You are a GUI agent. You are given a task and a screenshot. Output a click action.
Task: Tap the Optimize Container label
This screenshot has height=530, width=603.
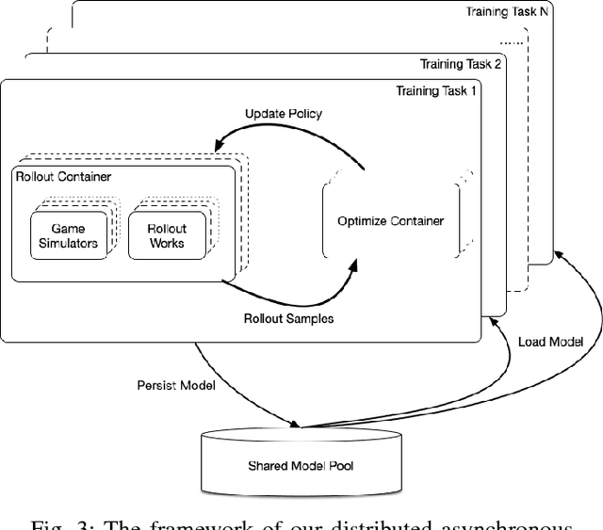pos(390,221)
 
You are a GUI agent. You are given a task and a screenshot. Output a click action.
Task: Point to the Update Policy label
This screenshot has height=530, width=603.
pos(283,114)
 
